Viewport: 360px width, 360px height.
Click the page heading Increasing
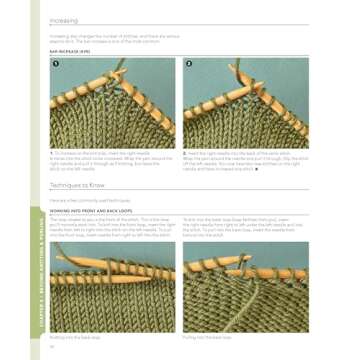point(64,19)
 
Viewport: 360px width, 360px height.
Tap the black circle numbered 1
point(57,65)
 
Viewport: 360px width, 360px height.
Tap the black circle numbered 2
point(189,65)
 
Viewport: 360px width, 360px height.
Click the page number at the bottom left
point(52,347)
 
